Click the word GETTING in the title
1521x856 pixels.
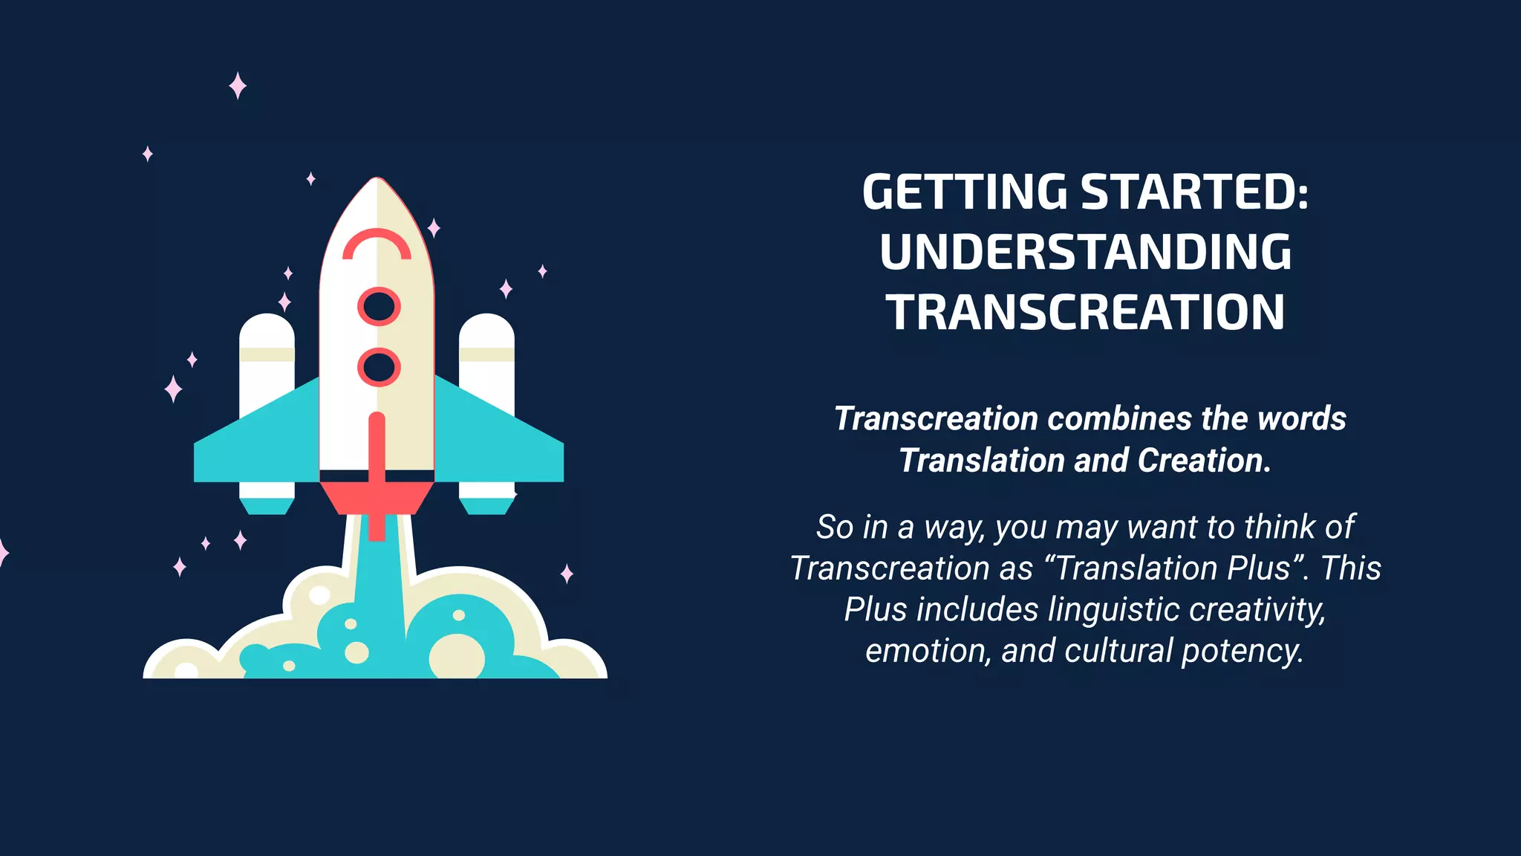point(965,192)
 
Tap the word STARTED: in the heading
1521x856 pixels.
point(1194,192)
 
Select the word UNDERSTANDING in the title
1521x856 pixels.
point(1085,252)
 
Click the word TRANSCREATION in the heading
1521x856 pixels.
point(1085,312)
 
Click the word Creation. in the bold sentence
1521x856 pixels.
point(1204,461)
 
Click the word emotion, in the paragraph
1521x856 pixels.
point(928,651)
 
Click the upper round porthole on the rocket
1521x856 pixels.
point(379,306)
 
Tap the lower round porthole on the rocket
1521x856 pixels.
point(379,367)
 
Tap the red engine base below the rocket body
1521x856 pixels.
point(377,496)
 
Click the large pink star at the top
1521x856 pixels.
point(238,86)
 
